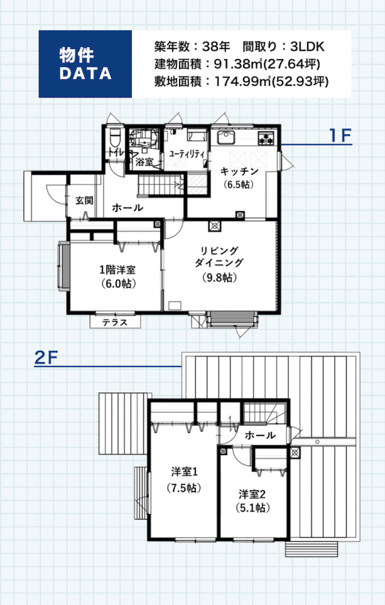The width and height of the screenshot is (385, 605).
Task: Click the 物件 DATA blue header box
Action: (85, 64)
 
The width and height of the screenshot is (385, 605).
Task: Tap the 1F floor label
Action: (340, 135)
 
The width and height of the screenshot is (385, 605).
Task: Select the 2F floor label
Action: (46, 358)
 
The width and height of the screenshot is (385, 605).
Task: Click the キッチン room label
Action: (239, 171)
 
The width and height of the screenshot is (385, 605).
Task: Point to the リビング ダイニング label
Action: (219, 257)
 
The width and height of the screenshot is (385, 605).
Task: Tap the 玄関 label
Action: (84, 200)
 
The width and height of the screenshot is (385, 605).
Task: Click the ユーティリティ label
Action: (186, 154)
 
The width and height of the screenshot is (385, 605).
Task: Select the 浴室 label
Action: (145, 162)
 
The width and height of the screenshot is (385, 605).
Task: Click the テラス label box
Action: (115, 322)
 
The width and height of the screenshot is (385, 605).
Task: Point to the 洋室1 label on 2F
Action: (184, 471)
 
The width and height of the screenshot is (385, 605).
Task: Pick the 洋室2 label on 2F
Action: (252, 494)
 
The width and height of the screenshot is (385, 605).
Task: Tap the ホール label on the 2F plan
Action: (260, 435)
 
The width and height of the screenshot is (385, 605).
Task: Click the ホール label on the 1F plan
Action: (127, 208)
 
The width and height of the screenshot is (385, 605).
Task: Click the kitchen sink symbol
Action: (226, 138)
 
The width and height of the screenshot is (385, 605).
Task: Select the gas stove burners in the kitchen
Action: (266, 138)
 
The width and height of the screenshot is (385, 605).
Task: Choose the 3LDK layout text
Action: (307, 47)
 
